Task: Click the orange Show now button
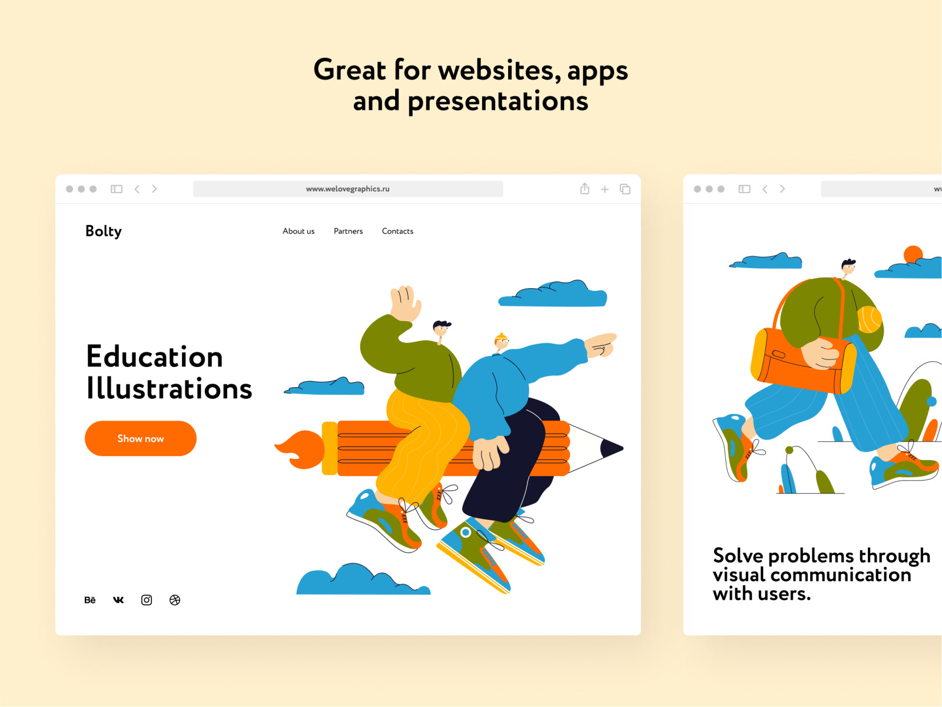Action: pos(140,438)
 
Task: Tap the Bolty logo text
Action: pos(104,232)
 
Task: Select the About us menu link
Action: pos(298,231)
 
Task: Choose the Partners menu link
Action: pos(348,231)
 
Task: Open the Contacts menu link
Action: pos(397,231)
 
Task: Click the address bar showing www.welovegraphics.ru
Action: pos(347,189)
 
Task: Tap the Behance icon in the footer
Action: pos(89,600)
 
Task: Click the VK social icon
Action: pos(118,600)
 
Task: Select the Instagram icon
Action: pos(147,600)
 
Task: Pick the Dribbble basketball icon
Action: pos(175,600)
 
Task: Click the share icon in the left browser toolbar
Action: pos(585,189)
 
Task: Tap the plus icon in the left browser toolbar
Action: pos(605,189)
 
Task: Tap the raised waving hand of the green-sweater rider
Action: pos(404,303)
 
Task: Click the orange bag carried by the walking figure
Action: pos(802,361)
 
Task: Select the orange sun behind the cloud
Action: pos(913,253)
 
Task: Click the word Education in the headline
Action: pos(154,356)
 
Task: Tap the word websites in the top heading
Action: pos(499,70)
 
